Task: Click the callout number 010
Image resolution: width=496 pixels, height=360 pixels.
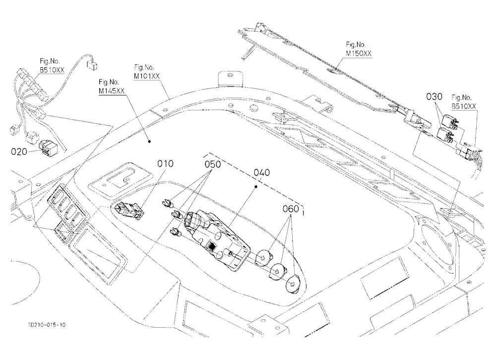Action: point(166,164)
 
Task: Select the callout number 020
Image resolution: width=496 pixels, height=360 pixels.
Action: point(19,152)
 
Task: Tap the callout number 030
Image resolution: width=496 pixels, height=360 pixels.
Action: point(434,97)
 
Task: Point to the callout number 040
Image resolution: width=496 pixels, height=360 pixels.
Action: point(262,173)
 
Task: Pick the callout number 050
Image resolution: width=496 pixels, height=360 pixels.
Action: point(213,165)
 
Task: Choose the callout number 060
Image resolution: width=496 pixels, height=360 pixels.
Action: point(290,209)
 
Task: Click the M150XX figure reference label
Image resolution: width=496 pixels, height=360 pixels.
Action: point(359,54)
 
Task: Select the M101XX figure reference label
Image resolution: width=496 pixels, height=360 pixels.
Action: point(147,76)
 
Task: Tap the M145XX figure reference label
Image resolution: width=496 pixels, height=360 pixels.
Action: point(111,91)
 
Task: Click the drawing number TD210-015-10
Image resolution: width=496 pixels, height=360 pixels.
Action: point(47,325)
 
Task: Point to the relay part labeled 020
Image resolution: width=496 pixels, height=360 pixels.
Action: point(48,148)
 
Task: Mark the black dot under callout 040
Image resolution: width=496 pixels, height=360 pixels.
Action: point(255,187)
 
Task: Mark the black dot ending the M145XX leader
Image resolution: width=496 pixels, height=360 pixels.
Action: point(149,141)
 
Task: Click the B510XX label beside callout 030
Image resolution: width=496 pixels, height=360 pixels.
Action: point(464,106)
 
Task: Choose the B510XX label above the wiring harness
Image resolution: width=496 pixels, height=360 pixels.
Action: point(52,70)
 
